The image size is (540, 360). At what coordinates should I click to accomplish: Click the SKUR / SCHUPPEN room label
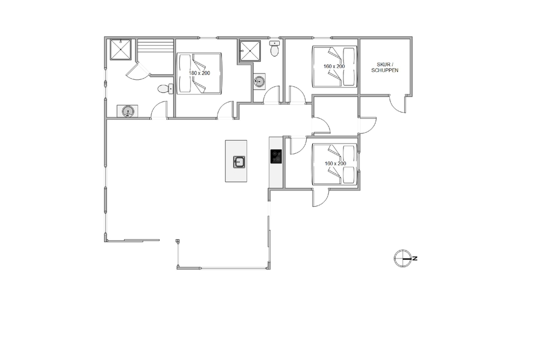tap(384, 67)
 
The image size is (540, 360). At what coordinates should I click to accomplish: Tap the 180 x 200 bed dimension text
tap(199, 73)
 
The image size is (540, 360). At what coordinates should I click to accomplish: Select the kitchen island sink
tap(239, 162)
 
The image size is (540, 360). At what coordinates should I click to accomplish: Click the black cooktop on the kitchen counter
tap(276, 157)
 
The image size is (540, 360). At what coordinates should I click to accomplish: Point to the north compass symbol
tap(403, 259)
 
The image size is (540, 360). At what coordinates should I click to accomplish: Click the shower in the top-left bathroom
tap(120, 50)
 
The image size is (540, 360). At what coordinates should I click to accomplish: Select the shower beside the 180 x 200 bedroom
tap(250, 51)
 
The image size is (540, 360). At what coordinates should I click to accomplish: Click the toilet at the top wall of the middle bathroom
tap(274, 49)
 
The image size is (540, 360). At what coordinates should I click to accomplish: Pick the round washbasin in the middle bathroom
tap(259, 81)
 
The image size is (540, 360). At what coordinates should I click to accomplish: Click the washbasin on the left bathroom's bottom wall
tap(127, 112)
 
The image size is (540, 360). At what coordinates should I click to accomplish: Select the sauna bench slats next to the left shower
tap(156, 46)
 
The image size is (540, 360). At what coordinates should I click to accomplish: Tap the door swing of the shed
tap(398, 103)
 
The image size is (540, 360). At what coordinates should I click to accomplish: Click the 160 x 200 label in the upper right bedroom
tap(334, 66)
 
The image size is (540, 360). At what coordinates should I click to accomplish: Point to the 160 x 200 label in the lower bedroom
tap(335, 164)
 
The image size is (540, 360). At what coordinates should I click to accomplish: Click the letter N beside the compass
tap(415, 259)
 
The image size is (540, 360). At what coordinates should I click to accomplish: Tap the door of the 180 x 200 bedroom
tap(226, 110)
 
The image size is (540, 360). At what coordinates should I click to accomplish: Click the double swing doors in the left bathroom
tap(138, 72)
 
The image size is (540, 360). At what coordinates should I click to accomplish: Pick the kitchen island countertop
tap(237, 161)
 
